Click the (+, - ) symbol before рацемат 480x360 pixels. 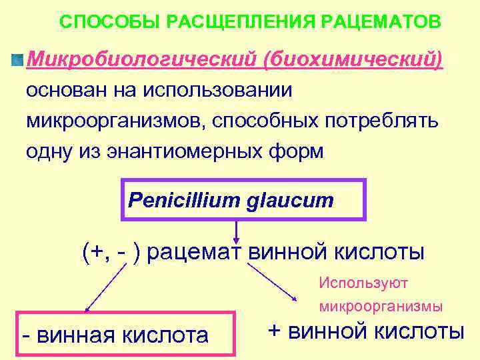coord(111,253)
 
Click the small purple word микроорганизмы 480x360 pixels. coord(381,307)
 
